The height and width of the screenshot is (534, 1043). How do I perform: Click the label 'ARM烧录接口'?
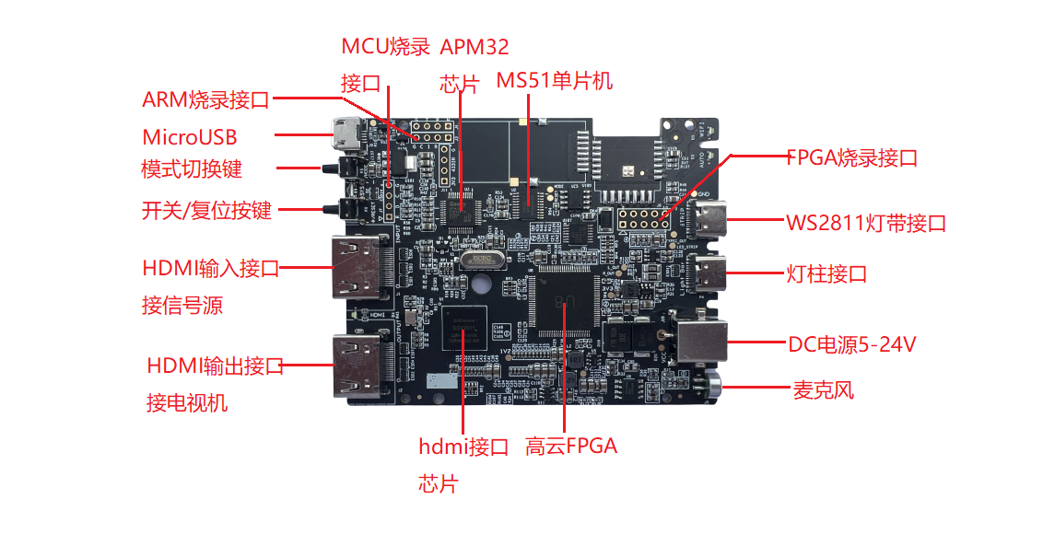[x=205, y=99]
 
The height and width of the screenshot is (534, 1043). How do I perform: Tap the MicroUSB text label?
[x=190, y=137]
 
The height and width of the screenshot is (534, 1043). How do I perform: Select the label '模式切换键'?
[x=192, y=168]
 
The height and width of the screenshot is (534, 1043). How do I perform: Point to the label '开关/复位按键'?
[x=207, y=210]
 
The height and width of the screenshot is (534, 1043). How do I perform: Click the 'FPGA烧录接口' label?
[x=852, y=158]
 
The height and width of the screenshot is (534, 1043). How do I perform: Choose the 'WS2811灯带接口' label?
[x=866, y=223]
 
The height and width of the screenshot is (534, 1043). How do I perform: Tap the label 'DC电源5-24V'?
[x=852, y=343]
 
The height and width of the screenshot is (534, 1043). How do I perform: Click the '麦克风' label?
[x=823, y=389]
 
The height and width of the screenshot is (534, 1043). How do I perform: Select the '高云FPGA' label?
[x=571, y=446]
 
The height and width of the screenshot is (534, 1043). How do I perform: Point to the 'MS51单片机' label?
[x=554, y=80]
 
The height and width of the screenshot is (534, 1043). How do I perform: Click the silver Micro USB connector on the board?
[x=346, y=135]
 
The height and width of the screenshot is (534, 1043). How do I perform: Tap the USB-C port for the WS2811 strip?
[x=709, y=219]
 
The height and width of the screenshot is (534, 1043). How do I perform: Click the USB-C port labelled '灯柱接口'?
[x=709, y=273]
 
